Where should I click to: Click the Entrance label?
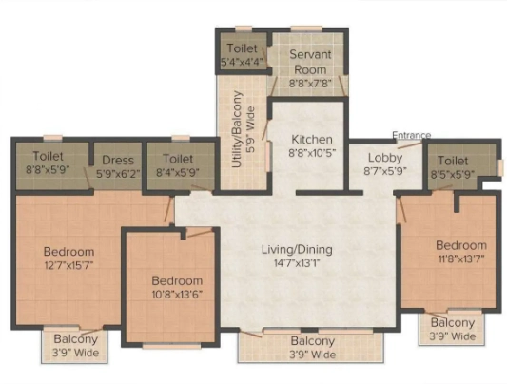[x=411, y=135]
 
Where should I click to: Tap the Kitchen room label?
[x=312, y=140]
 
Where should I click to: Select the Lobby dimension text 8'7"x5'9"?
[x=385, y=171]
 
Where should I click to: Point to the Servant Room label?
[x=310, y=62]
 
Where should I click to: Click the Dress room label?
[x=118, y=161]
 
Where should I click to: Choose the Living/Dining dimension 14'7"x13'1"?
[x=297, y=263]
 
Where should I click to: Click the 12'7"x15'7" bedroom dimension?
[x=68, y=265]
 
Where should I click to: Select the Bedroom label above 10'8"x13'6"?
[x=177, y=280]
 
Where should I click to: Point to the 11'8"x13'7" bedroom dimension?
[x=461, y=259]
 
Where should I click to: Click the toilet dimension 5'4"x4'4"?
[x=242, y=62]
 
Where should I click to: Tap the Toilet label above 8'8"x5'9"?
[x=48, y=156]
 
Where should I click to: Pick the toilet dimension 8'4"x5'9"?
[x=178, y=173]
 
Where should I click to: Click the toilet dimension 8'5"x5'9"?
[x=453, y=174]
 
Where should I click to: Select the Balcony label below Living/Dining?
[x=312, y=341]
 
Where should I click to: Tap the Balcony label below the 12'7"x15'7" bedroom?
[x=75, y=339]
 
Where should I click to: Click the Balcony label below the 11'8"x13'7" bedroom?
[x=453, y=322]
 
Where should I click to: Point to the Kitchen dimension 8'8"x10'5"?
[x=312, y=153]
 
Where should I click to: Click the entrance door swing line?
[x=410, y=144]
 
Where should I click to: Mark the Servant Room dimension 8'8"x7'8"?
[x=310, y=84]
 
